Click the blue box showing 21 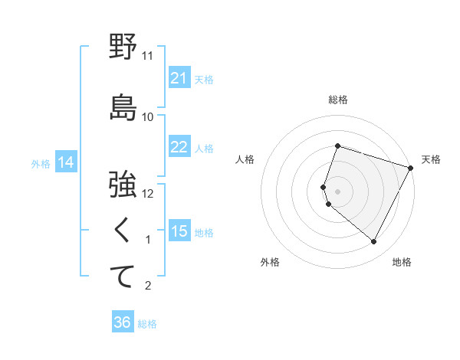click(x=179, y=78)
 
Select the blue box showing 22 click(x=179, y=147)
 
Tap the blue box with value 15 click(x=179, y=231)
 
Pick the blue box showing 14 click(x=65, y=162)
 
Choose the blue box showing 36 click(x=123, y=322)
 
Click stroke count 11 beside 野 click(x=148, y=56)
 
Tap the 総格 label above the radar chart click(x=338, y=100)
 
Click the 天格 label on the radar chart click(x=431, y=159)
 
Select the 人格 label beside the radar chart click(x=245, y=159)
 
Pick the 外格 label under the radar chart click(x=270, y=262)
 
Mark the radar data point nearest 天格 click(x=411, y=167)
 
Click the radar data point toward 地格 click(x=374, y=242)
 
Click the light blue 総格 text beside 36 click(x=147, y=324)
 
